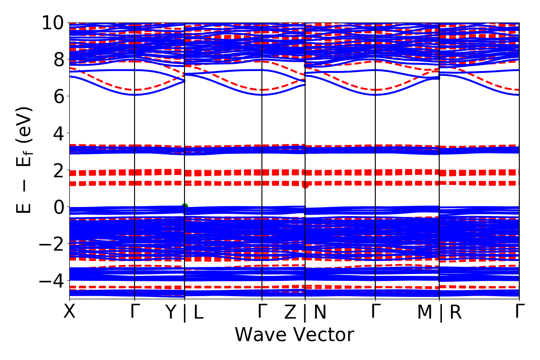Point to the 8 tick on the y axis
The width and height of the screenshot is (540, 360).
[x=57, y=59]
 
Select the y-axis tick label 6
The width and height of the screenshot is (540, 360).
[x=57, y=96]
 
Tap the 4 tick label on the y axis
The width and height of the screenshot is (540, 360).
[x=57, y=133]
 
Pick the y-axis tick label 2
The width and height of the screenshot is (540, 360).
[x=57, y=170]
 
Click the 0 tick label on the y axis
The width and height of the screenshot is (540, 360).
[x=57, y=207]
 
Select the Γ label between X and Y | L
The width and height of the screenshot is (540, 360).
[x=135, y=311]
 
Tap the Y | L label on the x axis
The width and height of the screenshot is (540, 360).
[x=184, y=312]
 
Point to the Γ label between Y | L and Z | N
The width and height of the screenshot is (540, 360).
[x=262, y=311]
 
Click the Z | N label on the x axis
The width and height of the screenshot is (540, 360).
[x=305, y=312]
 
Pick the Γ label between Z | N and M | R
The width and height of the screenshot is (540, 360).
[x=375, y=311]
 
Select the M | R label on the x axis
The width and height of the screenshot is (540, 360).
[x=439, y=312]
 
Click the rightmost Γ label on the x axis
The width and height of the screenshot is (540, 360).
[x=519, y=311]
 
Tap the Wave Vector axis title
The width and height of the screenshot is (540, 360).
[x=294, y=335]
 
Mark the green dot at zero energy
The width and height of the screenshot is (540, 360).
[x=184, y=207]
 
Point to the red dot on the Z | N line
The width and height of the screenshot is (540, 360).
[x=305, y=184]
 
